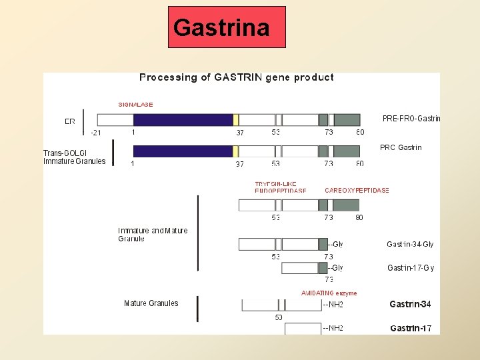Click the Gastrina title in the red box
tap(221, 28)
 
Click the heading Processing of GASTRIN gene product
tap(237, 77)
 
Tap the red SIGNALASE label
tap(135, 105)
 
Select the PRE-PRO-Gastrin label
tap(411, 119)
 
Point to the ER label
tap(70, 121)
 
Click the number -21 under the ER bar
tap(96, 133)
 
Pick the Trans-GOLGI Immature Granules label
tap(75, 157)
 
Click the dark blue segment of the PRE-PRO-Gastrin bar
tap(183, 120)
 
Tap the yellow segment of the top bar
tap(236, 120)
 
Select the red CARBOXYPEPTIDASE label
tap(357, 191)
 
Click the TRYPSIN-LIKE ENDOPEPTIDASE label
tap(281, 187)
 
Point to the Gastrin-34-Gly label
tap(410, 245)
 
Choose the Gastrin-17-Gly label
tap(411, 268)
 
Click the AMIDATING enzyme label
tap(329, 293)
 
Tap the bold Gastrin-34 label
tap(410, 305)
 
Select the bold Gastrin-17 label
tap(411, 328)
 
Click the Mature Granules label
tap(151, 303)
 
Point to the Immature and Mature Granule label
tap(153, 235)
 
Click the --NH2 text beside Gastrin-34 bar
tap(333, 305)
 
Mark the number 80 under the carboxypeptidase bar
tap(359, 217)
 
